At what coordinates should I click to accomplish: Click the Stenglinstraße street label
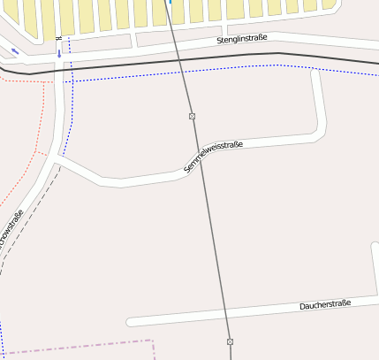pos(241,39)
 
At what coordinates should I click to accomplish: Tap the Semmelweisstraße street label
pos(212,156)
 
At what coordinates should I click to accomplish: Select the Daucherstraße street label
pos(325,304)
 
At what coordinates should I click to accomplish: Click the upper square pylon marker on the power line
pos(192,116)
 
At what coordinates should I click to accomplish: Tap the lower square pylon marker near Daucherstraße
pos(230,341)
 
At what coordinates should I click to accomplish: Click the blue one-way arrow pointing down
pos(59,53)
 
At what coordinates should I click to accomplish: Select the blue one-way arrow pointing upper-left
pos(15,50)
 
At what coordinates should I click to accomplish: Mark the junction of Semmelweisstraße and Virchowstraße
pos(58,157)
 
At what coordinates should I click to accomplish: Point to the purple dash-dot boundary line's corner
pos(153,340)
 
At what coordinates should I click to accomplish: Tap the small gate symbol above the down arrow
pos(58,39)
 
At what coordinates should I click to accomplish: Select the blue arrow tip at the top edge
pos(170,3)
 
